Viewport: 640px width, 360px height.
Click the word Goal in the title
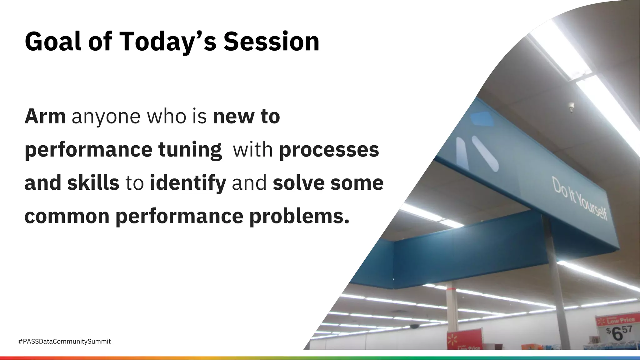(x=53, y=42)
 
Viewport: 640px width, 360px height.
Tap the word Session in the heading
(x=271, y=42)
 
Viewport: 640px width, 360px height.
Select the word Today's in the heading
(x=167, y=42)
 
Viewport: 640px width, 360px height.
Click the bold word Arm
(x=45, y=116)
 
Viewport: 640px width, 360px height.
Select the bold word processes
(x=329, y=150)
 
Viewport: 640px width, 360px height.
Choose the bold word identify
(x=188, y=183)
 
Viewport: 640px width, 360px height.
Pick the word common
(x=67, y=216)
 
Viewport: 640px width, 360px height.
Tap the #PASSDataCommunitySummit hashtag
(x=64, y=342)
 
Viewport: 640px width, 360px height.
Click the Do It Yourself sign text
(x=580, y=198)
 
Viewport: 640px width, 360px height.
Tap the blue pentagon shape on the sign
(x=482, y=119)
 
